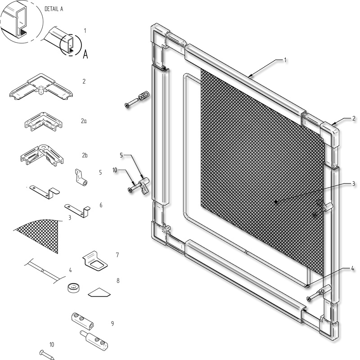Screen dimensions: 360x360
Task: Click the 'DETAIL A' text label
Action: tap(54, 9)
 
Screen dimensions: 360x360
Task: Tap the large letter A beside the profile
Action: tap(85, 54)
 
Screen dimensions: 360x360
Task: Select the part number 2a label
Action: tap(84, 121)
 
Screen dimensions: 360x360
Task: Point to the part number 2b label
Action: tap(85, 155)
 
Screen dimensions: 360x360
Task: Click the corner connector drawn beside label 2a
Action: tap(44, 121)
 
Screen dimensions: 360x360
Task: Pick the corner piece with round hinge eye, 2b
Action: tap(42, 155)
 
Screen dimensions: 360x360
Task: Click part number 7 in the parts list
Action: tap(117, 255)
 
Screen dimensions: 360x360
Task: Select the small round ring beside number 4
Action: tap(74, 288)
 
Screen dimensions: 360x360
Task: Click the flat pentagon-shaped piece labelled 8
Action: tap(99, 292)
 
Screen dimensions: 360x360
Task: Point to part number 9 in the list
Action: tap(112, 324)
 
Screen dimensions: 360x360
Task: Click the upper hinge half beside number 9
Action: tap(82, 321)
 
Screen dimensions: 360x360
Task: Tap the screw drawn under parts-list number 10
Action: tap(47, 355)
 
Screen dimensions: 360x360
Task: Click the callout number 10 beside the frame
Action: tap(115, 170)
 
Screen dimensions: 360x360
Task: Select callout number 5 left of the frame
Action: tap(121, 155)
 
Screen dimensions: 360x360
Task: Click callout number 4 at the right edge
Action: tap(352, 268)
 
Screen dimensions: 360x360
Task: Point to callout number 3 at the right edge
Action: tap(353, 184)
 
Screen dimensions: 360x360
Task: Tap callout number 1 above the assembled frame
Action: tap(285, 60)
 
